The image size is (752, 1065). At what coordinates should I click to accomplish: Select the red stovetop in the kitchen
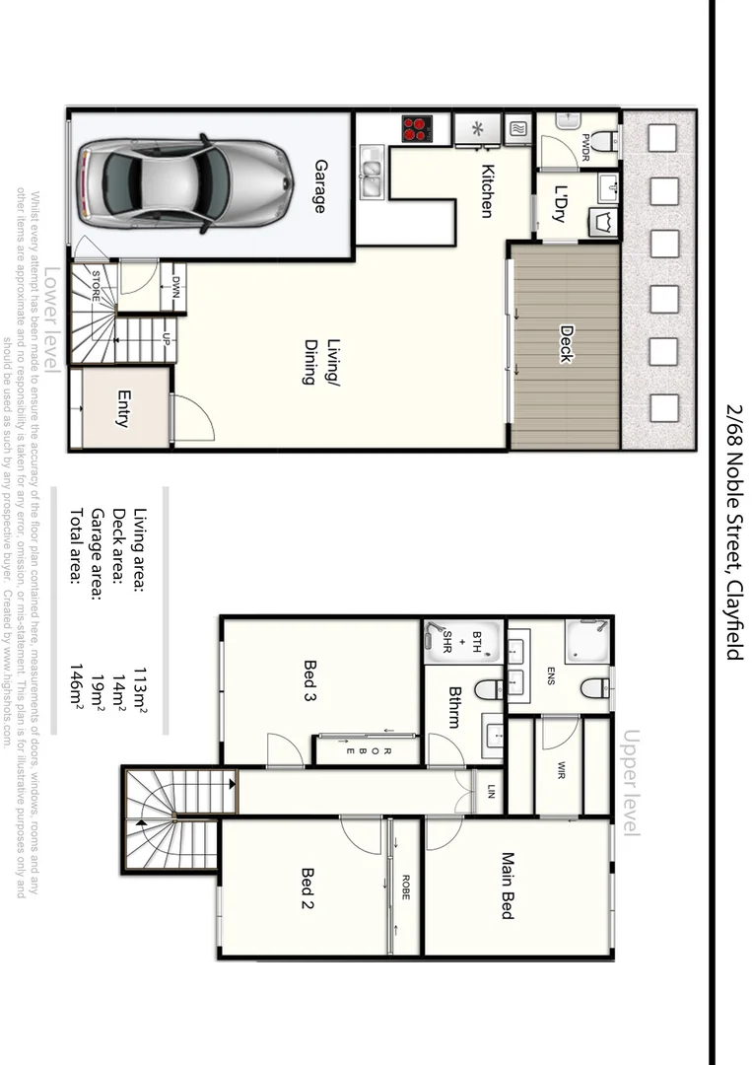(x=417, y=128)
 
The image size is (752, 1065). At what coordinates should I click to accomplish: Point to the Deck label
(x=566, y=344)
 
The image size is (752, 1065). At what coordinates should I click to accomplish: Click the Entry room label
(x=124, y=409)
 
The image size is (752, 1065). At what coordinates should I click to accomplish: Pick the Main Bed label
(x=508, y=886)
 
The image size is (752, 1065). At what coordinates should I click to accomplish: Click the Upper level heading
(x=632, y=784)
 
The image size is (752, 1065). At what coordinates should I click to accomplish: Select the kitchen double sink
(x=372, y=173)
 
